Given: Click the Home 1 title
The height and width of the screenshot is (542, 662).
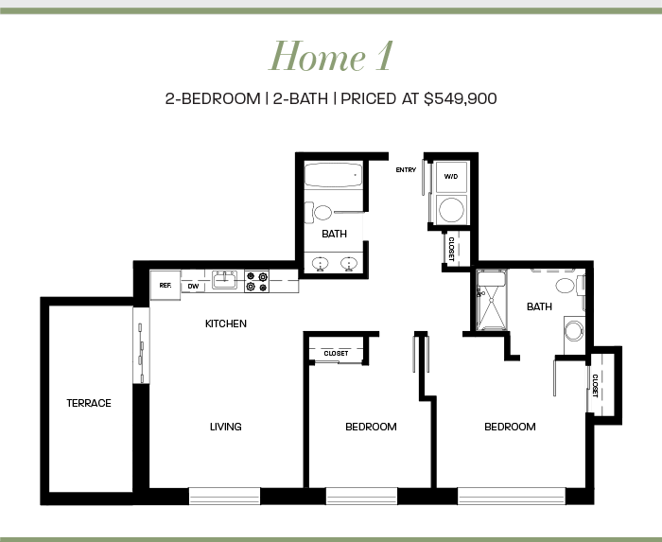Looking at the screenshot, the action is [x=331, y=56].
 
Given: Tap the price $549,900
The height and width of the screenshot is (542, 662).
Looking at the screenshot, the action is [x=461, y=98].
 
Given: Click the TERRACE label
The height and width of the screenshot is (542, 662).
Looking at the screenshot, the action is [x=89, y=403].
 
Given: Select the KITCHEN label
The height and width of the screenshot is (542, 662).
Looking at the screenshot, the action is [x=226, y=323].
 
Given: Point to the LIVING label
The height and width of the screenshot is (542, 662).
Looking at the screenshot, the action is [x=226, y=427].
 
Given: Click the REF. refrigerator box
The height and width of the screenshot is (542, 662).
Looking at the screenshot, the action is [x=165, y=286].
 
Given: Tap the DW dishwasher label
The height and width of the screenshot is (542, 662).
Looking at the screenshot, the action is [x=193, y=287].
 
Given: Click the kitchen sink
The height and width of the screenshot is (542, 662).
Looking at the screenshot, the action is [x=225, y=280].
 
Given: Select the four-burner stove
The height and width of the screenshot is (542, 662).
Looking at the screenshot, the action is [x=256, y=282].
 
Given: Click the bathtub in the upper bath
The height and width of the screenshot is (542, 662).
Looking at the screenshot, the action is [x=334, y=175].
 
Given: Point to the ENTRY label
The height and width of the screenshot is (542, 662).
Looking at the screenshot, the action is [x=406, y=169].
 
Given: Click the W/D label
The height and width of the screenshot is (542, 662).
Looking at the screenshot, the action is [x=451, y=176].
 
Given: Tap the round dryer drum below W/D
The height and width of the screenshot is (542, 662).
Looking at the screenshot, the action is [x=451, y=209].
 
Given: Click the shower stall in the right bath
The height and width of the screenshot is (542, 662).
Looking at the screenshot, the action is [x=492, y=300].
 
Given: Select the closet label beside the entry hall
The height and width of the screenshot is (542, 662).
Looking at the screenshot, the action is [x=451, y=249].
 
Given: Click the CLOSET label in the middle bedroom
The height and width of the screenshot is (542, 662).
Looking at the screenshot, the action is [x=336, y=354].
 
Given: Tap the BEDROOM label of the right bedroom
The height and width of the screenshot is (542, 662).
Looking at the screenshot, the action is [x=510, y=427].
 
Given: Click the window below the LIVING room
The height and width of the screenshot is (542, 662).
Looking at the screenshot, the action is [x=224, y=496].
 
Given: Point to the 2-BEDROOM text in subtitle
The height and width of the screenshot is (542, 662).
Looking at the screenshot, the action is [x=213, y=98].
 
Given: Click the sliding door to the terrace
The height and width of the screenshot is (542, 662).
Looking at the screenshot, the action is [x=142, y=345].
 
